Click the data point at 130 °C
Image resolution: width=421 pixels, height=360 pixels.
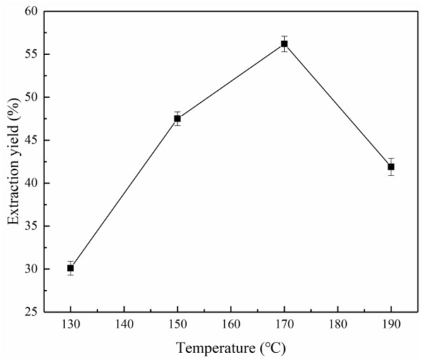71,268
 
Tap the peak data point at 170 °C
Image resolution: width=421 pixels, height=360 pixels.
284,44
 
